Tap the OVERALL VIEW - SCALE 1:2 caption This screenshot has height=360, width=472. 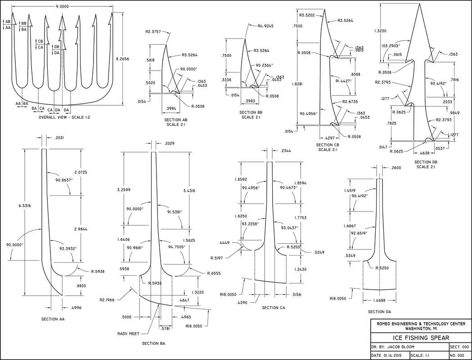63,117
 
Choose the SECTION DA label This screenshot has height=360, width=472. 380,311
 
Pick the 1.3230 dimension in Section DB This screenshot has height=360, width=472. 380,31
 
